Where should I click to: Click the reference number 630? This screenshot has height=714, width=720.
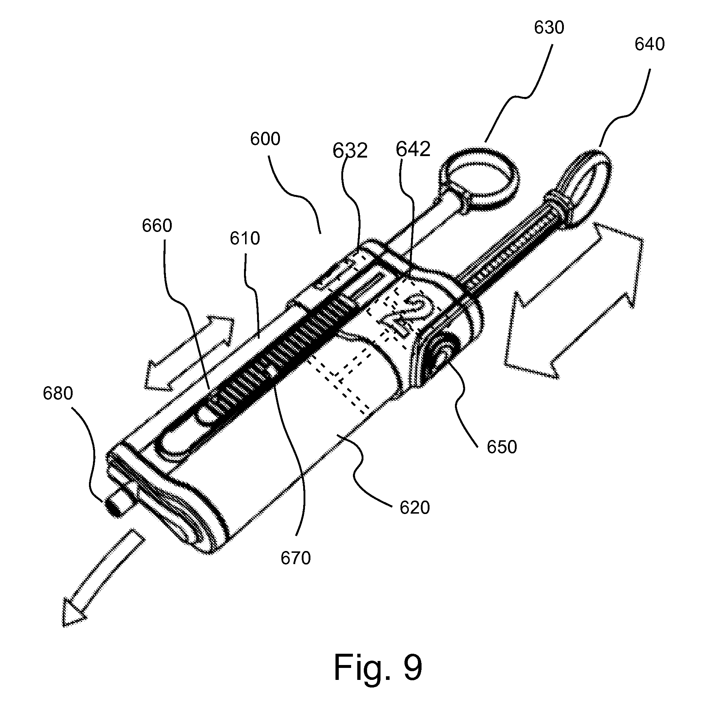[549, 28]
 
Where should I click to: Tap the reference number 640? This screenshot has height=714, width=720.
[649, 44]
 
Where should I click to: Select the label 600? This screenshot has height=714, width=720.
[265, 139]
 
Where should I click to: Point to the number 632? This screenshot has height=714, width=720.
[350, 151]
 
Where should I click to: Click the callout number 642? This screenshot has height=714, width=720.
[412, 150]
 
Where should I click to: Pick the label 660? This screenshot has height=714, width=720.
[157, 226]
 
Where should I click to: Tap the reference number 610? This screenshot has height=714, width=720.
[244, 238]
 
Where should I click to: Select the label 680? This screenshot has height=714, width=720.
[58, 393]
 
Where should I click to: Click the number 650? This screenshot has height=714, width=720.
[502, 447]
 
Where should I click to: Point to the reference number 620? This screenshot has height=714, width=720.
[414, 507]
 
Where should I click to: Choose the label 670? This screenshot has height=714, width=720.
[295, 558]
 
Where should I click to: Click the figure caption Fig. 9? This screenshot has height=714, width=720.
[378, 668]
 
